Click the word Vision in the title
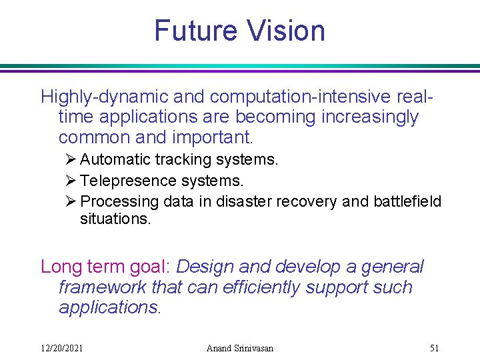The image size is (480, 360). pos(286,31)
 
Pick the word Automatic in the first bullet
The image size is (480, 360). pos(115,160)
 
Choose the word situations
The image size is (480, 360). pos(115,219)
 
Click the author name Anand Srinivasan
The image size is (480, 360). pos(239,347)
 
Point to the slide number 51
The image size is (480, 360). pos(434,347)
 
